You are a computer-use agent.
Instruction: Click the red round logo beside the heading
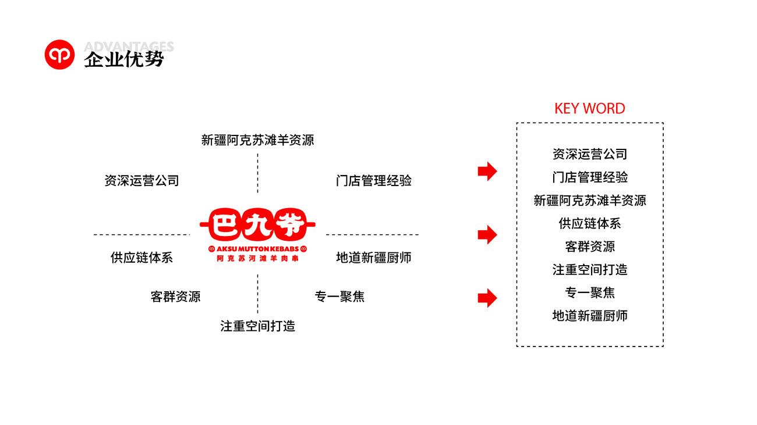[59, 55]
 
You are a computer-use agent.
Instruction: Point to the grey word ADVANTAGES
[129, 47]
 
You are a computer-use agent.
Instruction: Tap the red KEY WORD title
[589, 109]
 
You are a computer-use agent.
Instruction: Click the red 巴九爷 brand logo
[257, 223]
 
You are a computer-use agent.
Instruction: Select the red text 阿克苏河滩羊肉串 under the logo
[257, 258]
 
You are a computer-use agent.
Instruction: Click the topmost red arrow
[487, 171]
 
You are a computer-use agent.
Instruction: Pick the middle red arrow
[487, 235]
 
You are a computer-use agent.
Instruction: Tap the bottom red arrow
[487, 298]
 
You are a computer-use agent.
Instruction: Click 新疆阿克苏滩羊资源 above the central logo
[257, 140]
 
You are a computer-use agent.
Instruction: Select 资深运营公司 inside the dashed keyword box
[589, 154]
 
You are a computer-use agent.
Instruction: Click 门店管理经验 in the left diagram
[373, 181]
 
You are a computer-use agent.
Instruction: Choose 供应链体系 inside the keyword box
[589, 223]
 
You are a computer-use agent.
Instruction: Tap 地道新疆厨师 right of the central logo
[373, 258]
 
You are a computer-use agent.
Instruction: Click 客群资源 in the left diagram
[175, 297]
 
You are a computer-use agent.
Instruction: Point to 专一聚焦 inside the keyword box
[589, 292]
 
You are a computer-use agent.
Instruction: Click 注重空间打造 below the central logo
[257, 326]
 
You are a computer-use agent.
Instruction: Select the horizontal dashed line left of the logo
[142, 235]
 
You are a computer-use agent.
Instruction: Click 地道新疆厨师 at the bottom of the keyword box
[589, 316]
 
